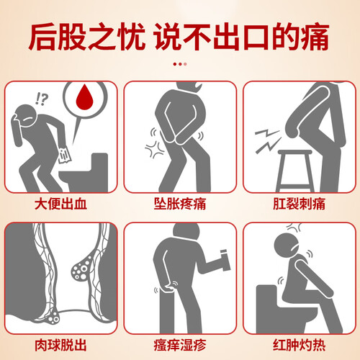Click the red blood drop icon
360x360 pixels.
click(84, 97)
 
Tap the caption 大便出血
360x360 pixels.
click(60, 204)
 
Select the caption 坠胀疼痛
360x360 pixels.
click(180, 204)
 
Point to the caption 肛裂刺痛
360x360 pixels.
click(300, 204)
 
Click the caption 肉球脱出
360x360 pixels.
click(60, 345)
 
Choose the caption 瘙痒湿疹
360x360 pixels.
click(180, 345)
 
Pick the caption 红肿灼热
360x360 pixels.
click(300, 345)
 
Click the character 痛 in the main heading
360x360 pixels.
click(315, 37)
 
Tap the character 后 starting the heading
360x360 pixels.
click(44, 37)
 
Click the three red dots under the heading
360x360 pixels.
click(180, 64)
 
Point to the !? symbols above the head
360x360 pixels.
click(42, 99)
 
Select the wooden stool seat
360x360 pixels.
click(295, 152)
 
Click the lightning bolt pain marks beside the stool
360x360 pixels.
click(268, 141)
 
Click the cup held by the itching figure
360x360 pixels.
click(225, 261)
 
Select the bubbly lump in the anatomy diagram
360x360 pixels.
click(81, 269)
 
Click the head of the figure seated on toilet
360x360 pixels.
click(286, 246)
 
